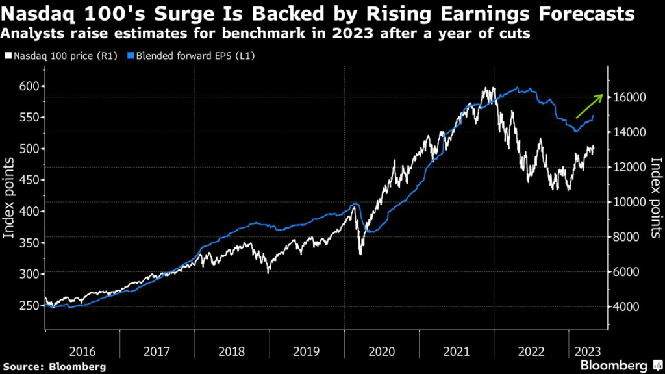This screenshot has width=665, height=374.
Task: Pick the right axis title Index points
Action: [655, 197]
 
